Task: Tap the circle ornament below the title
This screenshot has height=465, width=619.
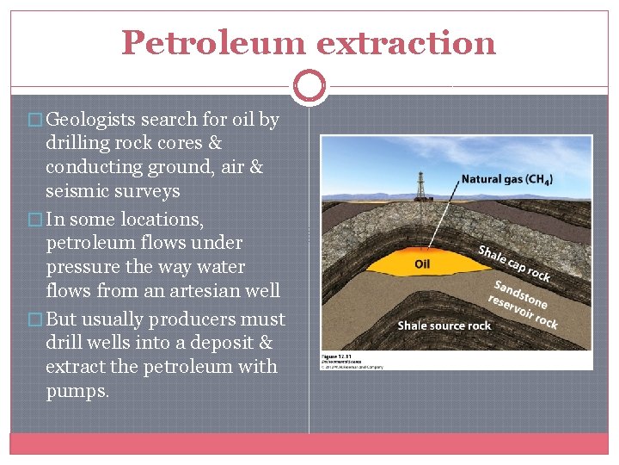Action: tap(309, 86)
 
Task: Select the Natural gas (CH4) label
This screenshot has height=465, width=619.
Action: tap(507, 180)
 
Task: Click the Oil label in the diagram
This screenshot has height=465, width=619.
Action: tap(422, 263)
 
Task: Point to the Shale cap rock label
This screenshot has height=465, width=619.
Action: tap(513, 263)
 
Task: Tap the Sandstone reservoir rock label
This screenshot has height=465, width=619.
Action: tap(523, 305)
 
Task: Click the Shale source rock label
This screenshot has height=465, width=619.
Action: tap(444, 325)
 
